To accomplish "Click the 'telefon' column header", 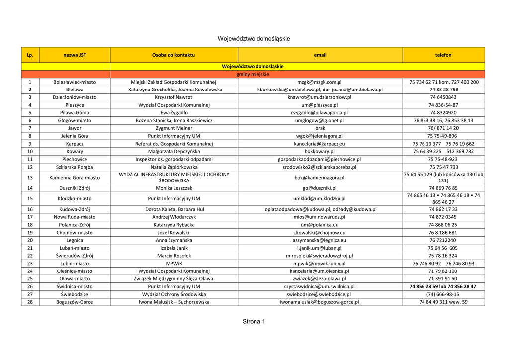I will click(443, 55).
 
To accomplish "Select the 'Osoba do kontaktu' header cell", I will click(173, 55).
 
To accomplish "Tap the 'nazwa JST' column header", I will click(75, 55).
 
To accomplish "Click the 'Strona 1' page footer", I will click(254, 322).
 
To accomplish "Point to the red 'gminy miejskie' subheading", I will click(253, 74).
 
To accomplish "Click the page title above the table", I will click(254, 39).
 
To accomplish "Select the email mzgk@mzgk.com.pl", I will click(320, 82).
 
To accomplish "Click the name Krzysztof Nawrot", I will click(173, 97).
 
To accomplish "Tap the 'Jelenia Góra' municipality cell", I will click(75, 136).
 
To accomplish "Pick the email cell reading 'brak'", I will click(320, 128).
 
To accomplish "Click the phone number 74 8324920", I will click(443, 113).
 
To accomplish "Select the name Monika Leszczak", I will click(173, 188).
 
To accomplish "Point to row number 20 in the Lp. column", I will click(30, 240).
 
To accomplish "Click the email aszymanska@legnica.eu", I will click(320, 240).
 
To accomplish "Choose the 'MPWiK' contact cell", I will click(173, 264).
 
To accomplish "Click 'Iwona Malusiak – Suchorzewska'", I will click(173, 302).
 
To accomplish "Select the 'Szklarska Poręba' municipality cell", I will click(75, 167).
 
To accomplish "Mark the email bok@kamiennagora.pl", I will click(320, 178).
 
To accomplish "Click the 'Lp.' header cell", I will click(30, 55).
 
